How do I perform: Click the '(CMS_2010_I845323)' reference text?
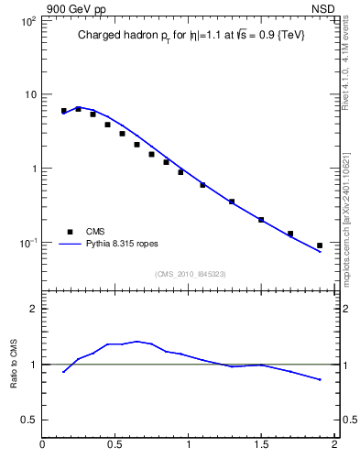pos(190,274)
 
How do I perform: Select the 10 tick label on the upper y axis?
pos(30,94)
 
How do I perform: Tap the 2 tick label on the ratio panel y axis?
pos(33,309)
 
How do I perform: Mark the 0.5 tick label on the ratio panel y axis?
pos(29,420)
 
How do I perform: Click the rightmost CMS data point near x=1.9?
pos(320,245)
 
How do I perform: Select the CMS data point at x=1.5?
pos(261,220)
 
